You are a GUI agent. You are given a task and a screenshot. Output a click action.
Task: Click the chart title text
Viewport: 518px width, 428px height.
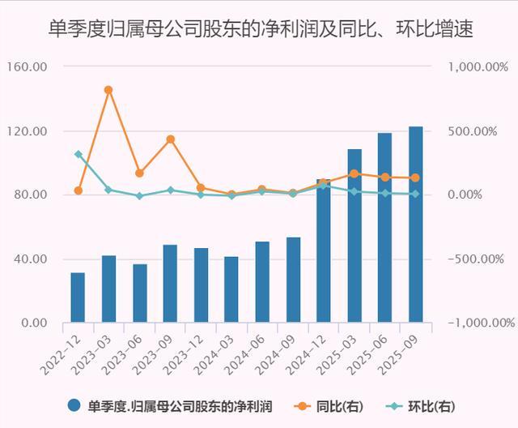tap(259, 30)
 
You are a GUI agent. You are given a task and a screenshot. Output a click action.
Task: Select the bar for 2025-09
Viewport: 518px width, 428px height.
tap(415, 225)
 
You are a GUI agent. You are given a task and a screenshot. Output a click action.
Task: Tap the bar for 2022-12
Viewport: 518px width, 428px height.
tap(78, 297)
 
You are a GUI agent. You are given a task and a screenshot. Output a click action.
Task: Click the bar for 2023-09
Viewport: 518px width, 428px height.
tap(170, 284)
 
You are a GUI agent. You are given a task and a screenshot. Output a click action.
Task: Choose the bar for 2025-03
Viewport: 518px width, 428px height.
tap(354, 236)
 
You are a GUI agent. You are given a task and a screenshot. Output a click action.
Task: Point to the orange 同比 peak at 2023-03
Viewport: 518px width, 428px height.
tap(108, 90)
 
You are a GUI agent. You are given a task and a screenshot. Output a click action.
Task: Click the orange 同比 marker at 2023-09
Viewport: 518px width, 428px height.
tap(170, 139)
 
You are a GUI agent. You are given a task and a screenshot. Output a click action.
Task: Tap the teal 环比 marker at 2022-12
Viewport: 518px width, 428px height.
tap(79, 154)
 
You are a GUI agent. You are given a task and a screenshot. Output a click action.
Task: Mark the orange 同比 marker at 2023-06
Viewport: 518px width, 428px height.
tap(139, 173)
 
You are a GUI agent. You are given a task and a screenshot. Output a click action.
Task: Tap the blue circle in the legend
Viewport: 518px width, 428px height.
tap(75, 405)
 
